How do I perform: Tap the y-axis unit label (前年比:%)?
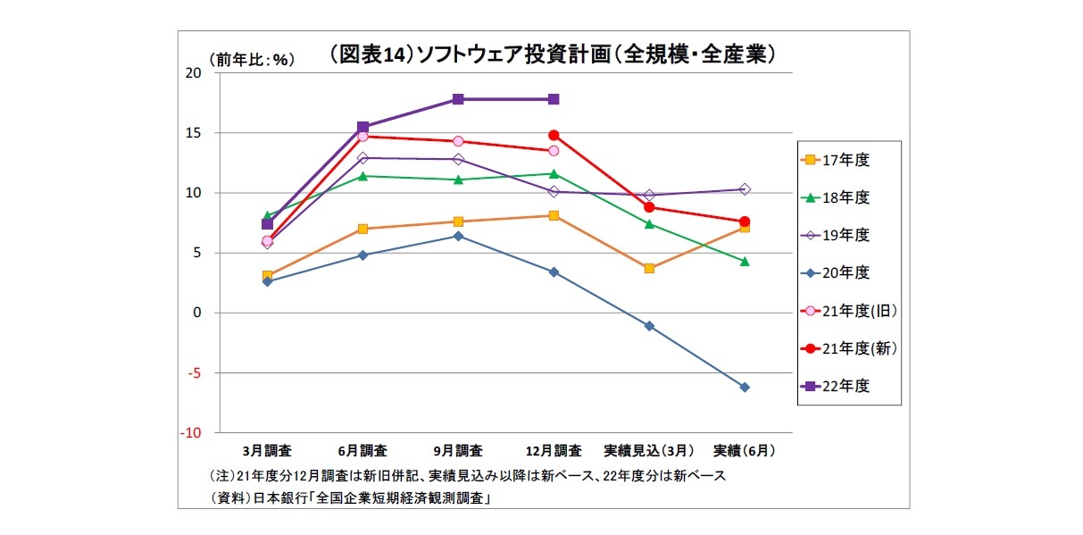[x=252, y=60]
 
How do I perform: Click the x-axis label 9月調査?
[x=458, y=449]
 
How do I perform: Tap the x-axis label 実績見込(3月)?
[x=648, y=449]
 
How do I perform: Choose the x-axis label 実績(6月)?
[x=744, y=449]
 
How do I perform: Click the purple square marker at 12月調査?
[x=554, y=99]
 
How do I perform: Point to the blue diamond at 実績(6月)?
[x=745, y=387]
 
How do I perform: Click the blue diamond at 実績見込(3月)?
[x=649, y=326]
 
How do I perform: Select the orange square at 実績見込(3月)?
[x=649, y=268]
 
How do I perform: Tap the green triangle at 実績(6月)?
[x=745, y=261]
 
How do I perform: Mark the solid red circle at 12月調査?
[x=554, y=135]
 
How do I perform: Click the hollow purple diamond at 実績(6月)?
[x=745, y=189]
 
